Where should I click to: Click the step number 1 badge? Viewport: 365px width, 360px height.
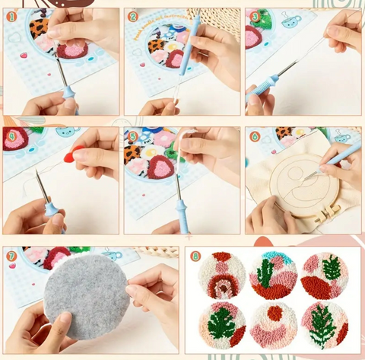coord(11,16)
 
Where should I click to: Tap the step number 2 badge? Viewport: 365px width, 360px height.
coord(132,16)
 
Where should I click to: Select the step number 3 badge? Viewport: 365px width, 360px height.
coord(255,16)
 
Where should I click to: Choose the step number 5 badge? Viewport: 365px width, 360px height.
coord(132,136)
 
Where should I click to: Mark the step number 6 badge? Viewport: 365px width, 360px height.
coord(255,136)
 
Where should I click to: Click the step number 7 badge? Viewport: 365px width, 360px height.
coord(11,255)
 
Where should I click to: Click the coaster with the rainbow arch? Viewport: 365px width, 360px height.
coord(222,276)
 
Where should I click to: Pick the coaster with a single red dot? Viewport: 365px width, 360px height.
coord(273,324)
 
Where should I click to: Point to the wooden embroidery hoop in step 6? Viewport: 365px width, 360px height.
coord(289,186)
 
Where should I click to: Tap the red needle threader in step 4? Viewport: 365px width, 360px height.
coord(70,157)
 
